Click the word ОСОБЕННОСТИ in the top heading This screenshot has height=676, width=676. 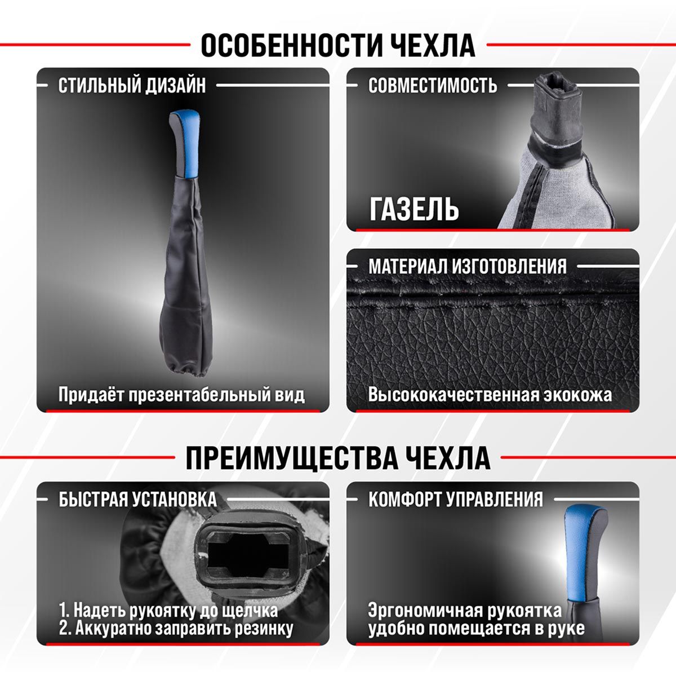coord(288,45)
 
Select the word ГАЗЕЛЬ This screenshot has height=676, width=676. coord(414,209)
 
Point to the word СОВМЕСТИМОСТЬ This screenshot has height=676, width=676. coord(433,85)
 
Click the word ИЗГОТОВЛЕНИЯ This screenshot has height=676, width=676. coord(509,266)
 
